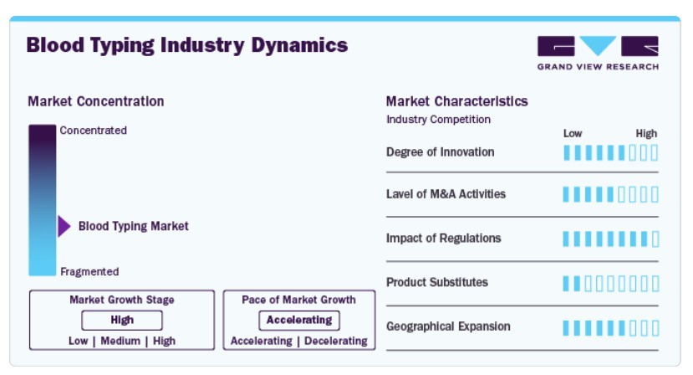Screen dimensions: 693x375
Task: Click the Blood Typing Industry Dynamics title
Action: pyautogui.click(x=187, y=45)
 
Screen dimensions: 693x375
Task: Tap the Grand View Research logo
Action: pyautogui.click(x=598, y=53)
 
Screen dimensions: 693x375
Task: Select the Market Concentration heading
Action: pyautogui.click(x=96, y=101)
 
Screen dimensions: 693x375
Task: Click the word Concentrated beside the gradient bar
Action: pyautogui.click(x=94, y=131)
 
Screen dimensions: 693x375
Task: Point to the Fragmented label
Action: pyautogui.click(x=89, y=271)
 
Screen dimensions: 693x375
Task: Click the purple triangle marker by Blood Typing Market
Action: pyautogui.click(x=64, y=226)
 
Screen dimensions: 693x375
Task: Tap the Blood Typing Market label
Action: pyautogui.click(x=134, y=226)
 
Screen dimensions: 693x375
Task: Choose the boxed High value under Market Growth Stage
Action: pyautogui.click(x=122, y=320)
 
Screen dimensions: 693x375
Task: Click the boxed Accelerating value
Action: pyautogui.click(x=299, y=320)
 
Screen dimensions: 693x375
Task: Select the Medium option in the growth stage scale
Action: pyautogui.click(x=120, y=341)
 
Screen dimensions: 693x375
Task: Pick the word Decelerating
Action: pyautogui.click(x=336, y=341)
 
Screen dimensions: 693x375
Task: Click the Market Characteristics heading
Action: pyautogui.click(x=457, y=101)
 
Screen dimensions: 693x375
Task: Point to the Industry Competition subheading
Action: pyautogui.click(x=438, y=120)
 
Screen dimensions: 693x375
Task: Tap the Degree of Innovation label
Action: pyautogui.click(x=441, y=152)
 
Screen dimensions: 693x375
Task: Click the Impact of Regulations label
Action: pyautogui.click(x=444, y=239)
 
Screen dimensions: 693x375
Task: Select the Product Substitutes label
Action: pyautogui.click(x=437, y=282)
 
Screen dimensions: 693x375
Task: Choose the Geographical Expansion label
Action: pyautogui.click(x=448, y=326)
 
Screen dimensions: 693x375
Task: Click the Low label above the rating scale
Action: pyautogui.click(x=573, y=134)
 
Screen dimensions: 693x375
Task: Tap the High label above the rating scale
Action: pyautogui.click(x=646, y=134)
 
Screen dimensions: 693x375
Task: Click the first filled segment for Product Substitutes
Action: pyautogui.click(x=566, y=284)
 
